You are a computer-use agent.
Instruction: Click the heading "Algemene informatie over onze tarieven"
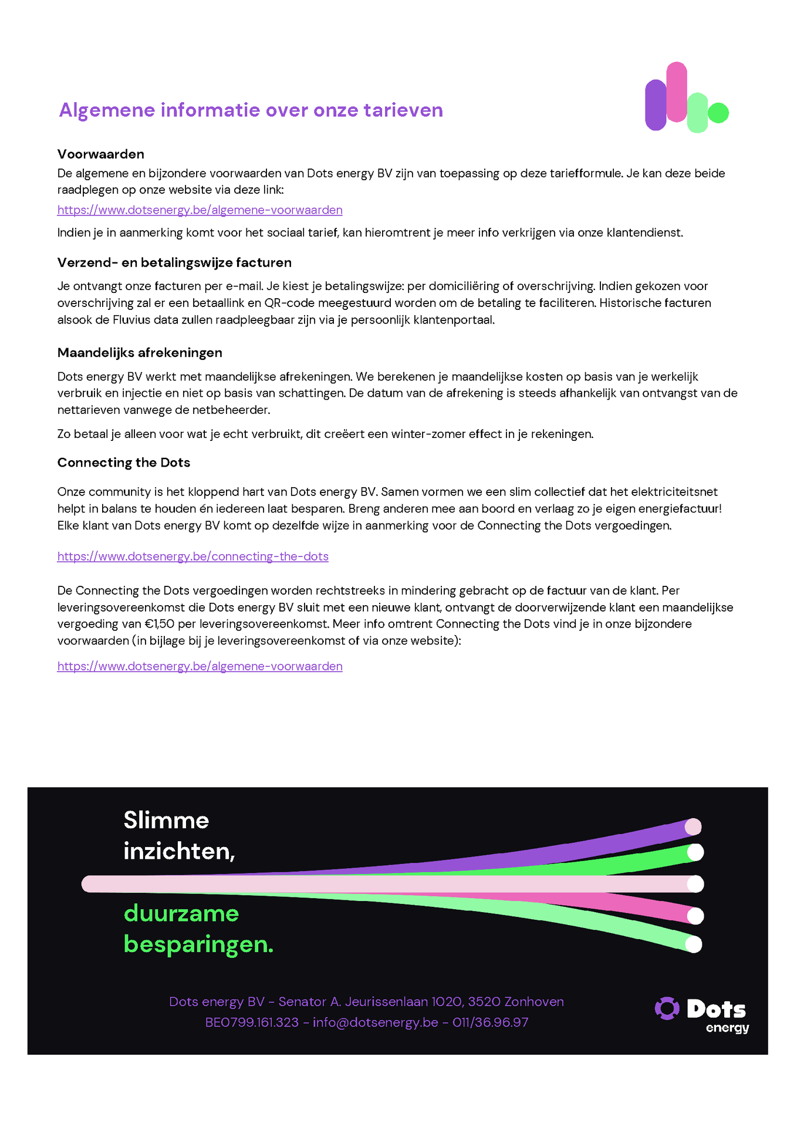point(251,110)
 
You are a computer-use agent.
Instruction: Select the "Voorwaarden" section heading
point(101,154)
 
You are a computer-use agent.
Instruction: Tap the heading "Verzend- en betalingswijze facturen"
point(174,262)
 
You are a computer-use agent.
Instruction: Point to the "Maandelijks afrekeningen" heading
point(140,353)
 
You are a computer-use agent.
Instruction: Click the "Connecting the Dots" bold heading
point(124,463)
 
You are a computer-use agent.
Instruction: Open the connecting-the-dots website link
point(193,556)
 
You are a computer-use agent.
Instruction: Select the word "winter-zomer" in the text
point(427,434)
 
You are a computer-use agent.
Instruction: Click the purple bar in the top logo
point(656,105)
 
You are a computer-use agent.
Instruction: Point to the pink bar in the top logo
point(677,92)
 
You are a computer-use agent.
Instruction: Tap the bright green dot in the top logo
point(718,113)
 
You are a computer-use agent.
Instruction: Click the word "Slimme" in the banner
point(166,821)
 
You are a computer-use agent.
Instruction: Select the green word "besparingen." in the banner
point(198,944)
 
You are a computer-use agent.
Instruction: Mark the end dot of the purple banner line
point(693,826)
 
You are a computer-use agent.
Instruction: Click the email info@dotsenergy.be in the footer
point(376,1022)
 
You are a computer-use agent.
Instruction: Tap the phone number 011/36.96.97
point(490,1022)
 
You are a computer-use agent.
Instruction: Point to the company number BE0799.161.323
point(252,1022)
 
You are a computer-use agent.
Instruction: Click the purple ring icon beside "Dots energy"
point(667,1008)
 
